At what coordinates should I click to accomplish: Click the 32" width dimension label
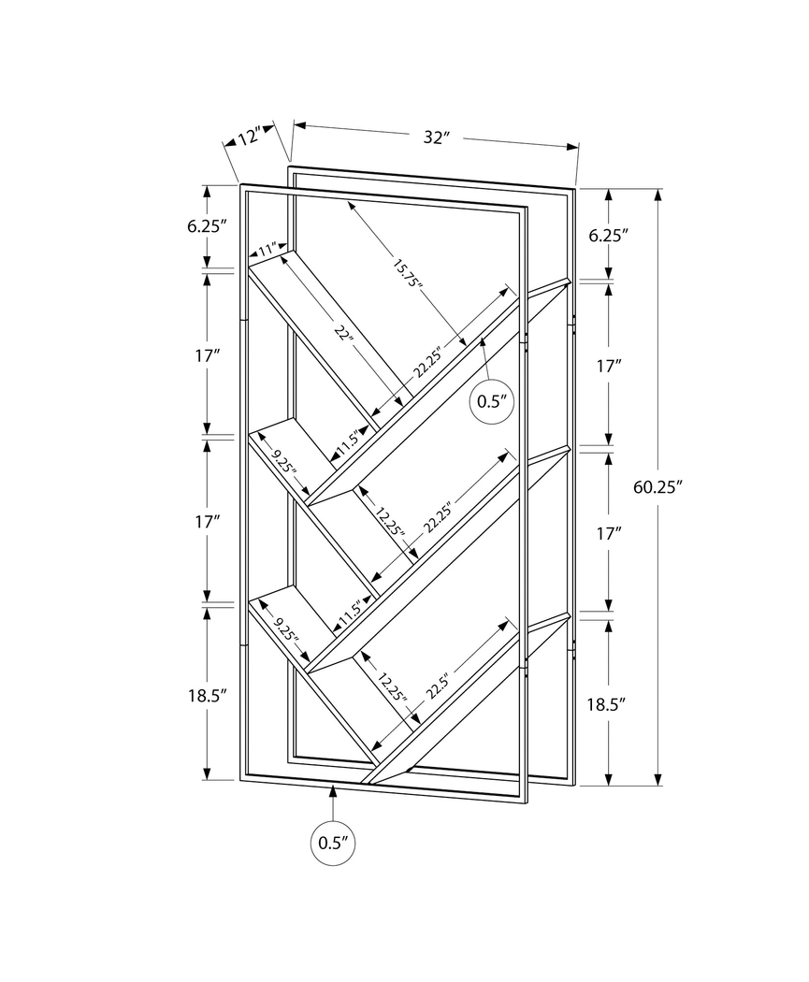pyautogui.click(x=436, y=137)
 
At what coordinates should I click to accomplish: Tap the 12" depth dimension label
pyautogui.click(x=249, y=137)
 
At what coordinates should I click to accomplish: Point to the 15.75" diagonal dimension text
pyautogui.click(x=408, y=273)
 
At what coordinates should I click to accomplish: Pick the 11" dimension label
pyautogui.click(x=268, y=250)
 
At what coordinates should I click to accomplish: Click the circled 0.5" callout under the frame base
pyautogui.click(x=333, y=842)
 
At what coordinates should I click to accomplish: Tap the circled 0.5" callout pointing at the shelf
pyautogui.click(x=491, y=401)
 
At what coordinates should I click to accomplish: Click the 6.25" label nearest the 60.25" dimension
pyautogui.click(x=607, y=236)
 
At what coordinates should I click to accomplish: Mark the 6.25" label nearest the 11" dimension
pyautogui.click(x=207, y=226)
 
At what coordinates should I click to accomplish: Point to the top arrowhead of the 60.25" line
pyautogui.click(x=658, y=195)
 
